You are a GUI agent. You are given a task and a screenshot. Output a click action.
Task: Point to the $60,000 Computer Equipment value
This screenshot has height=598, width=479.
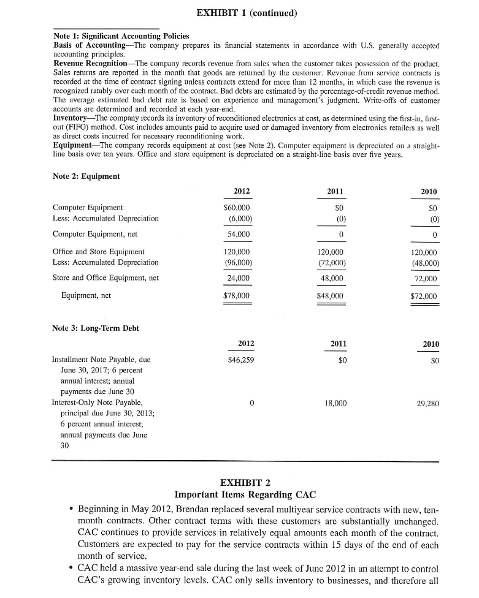237,207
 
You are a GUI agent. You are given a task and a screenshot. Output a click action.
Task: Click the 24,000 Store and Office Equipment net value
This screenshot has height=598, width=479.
239,278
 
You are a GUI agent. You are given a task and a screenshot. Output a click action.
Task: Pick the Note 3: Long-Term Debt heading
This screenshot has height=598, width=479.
96,328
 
